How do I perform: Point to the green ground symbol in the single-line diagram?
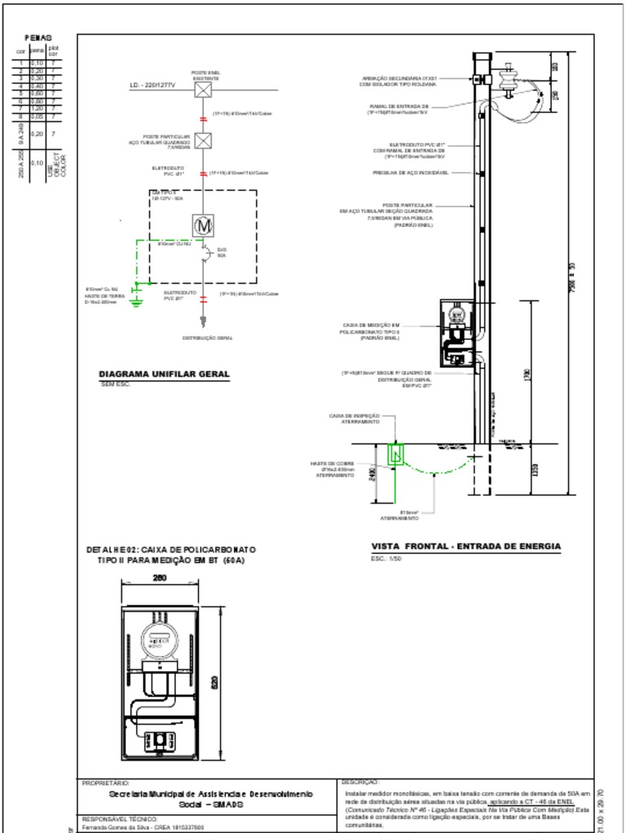coord(137,303)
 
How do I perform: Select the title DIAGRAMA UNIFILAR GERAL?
coord(164,374)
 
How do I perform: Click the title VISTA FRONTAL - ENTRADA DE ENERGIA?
coord(465,546)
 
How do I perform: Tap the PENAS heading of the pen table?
coord(38,38)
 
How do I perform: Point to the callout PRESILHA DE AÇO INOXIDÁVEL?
coord(411,172)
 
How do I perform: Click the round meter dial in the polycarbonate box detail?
coord(156,637)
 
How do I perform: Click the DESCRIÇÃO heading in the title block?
coord(361,782)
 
